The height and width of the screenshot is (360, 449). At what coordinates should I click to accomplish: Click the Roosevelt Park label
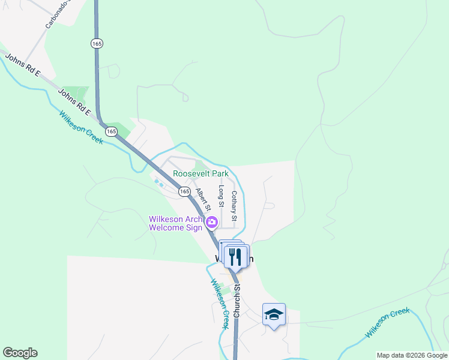201,173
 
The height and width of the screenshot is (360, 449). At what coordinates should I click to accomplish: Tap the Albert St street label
203,199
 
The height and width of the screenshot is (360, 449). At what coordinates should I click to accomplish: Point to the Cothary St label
235,206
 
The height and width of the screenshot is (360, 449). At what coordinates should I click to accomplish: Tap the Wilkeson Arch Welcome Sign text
177,223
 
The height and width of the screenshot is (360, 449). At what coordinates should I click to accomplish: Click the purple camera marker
211,223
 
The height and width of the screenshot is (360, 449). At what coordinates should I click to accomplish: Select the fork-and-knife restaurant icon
235,256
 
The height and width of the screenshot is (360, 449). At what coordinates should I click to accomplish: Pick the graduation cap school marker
274,314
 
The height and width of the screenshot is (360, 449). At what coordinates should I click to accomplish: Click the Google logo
20,353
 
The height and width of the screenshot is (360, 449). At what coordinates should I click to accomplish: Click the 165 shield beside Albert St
184,191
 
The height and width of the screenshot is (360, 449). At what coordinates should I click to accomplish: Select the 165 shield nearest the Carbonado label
97,43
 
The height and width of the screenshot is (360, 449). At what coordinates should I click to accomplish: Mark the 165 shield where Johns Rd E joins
111,131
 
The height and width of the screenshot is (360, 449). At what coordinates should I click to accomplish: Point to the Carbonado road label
58,14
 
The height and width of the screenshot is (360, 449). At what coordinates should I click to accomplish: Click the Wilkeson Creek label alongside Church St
220,304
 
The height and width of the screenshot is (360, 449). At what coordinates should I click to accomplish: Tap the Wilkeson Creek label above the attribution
388,323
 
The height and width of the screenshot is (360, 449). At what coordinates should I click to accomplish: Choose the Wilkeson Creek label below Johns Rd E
81,127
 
